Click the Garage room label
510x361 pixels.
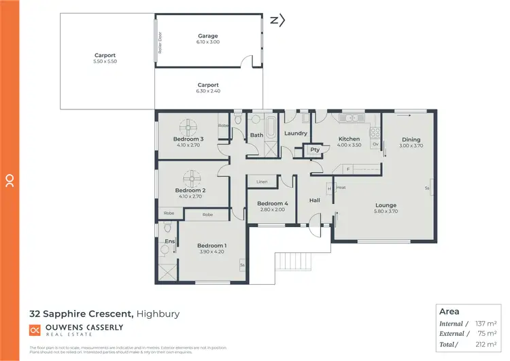(207, 35)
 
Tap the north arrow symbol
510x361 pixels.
(277, 20)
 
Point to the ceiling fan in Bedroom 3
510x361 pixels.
(188, 127)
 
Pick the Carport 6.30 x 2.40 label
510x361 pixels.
(207, 88)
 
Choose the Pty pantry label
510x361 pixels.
(315, 150)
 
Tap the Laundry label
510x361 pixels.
(296, 133)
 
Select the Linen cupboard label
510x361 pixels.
(262, 182)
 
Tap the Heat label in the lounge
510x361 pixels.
(341, 188)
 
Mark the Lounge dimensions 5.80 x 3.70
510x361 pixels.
(386, 211)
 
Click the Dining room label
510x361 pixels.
(411, 139)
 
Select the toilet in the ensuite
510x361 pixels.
(165, 250)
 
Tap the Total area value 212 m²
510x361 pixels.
(483, 345)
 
